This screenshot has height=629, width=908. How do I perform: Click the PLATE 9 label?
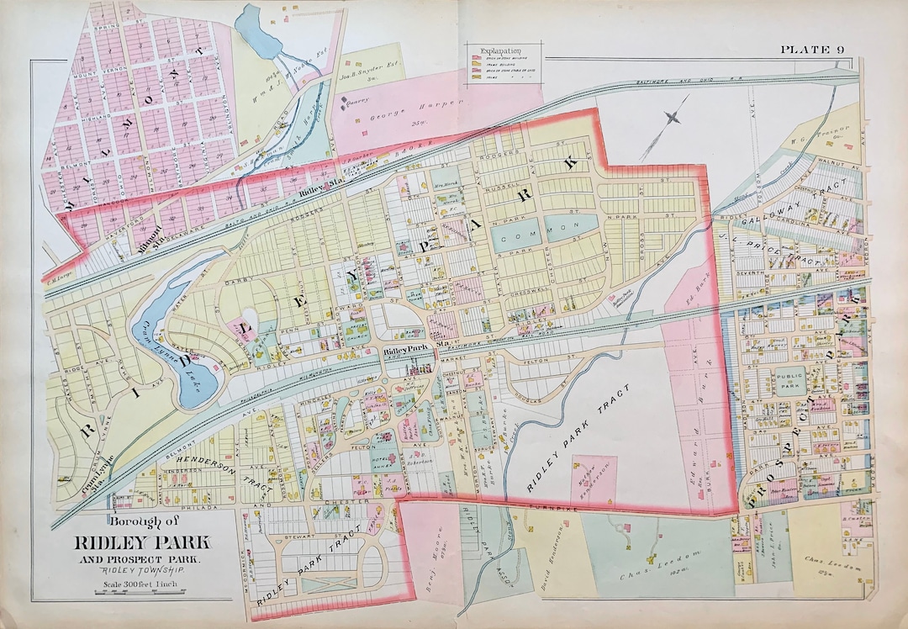(812, 50)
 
